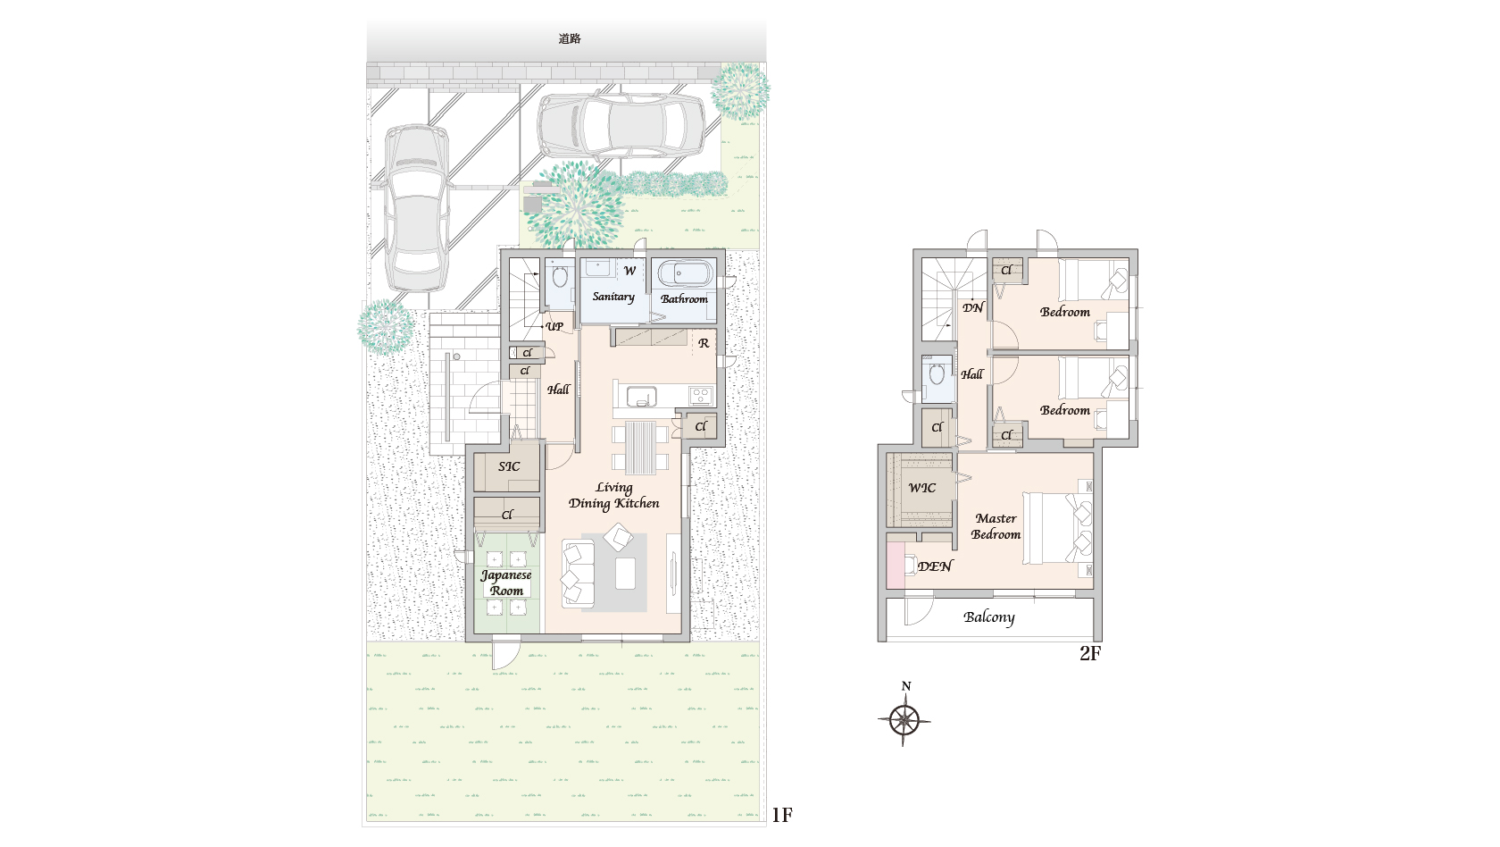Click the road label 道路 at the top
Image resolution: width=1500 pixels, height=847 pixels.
click(x=570, y=39)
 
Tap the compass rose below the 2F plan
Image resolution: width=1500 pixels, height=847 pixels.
click(x=904, y=720)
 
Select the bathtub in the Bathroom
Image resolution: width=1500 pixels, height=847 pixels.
click(x=684, y=274)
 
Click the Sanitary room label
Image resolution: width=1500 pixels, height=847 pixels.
click(x=613, y=297)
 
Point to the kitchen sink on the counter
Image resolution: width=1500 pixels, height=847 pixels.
click(x=641, y=396)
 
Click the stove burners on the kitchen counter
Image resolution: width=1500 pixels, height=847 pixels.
click(x=701, y=395)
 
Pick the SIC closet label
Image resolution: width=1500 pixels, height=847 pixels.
click(x=509, y=466)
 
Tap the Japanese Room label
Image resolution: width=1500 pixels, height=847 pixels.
click(x=506, y=583)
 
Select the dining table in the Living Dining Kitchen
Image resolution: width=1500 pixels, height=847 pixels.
click(x=640, y=447)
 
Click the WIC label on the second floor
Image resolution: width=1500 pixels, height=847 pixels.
click(x=922, y=488)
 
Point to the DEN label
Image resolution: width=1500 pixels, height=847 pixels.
click(x=935, y=566)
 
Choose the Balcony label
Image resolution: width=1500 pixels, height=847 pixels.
click(x=989, y=617)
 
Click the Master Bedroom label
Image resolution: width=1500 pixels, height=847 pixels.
click(x=996, y=526)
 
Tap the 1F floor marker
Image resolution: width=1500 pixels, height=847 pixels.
click(x=782, y=815)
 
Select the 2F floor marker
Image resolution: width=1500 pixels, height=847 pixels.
click(x=1090, y=653)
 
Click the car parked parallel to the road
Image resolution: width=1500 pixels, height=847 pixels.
click(x=621, y=125)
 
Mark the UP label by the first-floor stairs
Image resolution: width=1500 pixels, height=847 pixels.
click(x=554, y=327)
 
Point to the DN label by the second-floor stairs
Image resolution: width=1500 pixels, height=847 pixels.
click(x=973, y=307)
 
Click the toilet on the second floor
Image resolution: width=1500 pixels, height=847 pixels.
click(x=937, y=373)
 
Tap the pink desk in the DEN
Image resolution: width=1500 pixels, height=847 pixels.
click(x=896, y=566)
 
